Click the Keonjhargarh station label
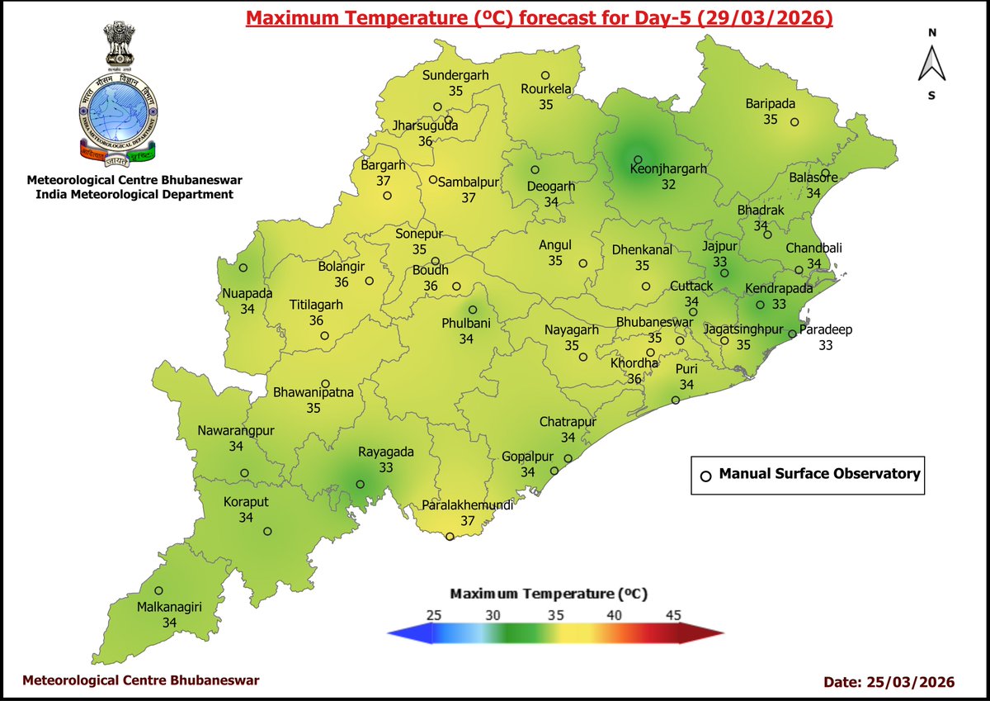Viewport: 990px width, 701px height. [x=668, y=169]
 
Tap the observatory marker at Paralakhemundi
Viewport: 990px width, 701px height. [x=450, y=537]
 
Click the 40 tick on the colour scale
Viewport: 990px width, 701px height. [x=615, y=615]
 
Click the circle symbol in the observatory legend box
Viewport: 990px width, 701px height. [x=705, y=476]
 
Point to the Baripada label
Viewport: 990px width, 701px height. [x=770, y=104]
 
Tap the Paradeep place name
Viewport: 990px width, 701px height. [x=825, y=329]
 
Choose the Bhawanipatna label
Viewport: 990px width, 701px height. [x=313, y=393]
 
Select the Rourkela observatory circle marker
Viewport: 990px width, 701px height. [x=545, y=75]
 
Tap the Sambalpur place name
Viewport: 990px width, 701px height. [x=469, y=182]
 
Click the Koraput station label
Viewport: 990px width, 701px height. [x=246, y=502]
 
